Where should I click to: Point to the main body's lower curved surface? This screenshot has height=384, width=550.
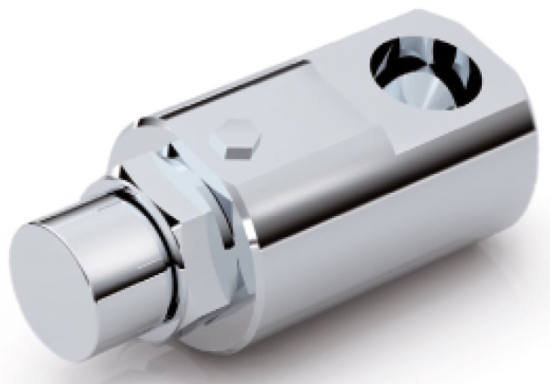click(375, 247)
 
